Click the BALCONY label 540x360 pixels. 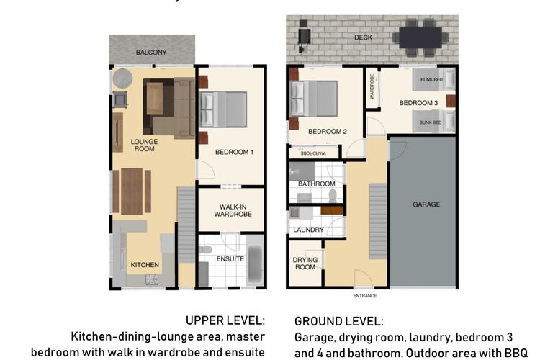pos(151,53)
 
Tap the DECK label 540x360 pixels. pos(364,37)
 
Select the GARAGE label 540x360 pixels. pos(426,204)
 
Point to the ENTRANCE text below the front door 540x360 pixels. pos(365,296)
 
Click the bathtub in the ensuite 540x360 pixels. pos(255,261)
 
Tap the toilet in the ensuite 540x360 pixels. pos(206,249)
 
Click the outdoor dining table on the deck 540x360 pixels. pos(420,37)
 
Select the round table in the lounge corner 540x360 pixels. pos(122,78)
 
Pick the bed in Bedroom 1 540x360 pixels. pos(223,109)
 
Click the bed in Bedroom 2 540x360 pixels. pos(313,99)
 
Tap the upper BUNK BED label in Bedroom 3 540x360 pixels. pos(431,80)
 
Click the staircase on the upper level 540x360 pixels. pos(186,225)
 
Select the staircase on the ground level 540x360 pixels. pos(378,221)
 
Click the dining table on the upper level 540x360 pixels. pos(132,192)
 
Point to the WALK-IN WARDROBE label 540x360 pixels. pos(233,210)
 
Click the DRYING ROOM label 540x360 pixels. pos(305,264)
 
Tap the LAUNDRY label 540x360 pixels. pos(309,230)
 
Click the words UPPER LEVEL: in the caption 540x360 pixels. pos(225,320)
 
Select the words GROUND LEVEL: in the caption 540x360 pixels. pos(339,321)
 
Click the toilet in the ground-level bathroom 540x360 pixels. pos(333,196)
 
